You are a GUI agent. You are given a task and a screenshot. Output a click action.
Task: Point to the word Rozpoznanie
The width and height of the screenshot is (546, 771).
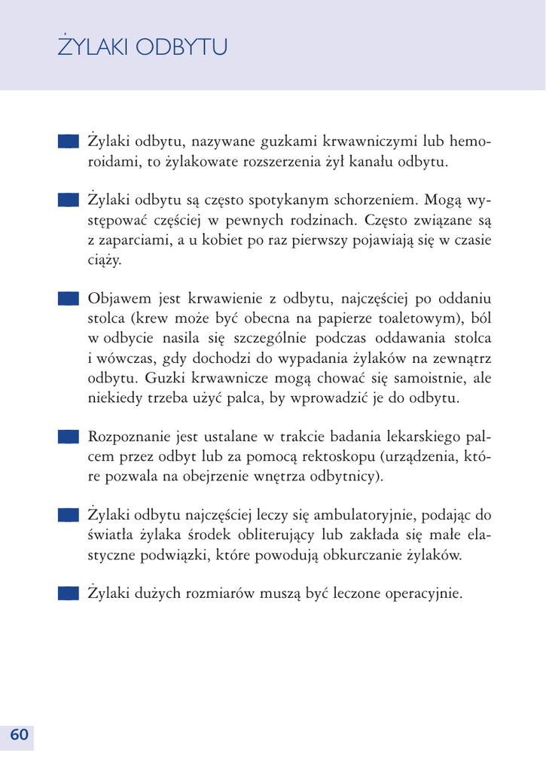coord(131,437)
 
